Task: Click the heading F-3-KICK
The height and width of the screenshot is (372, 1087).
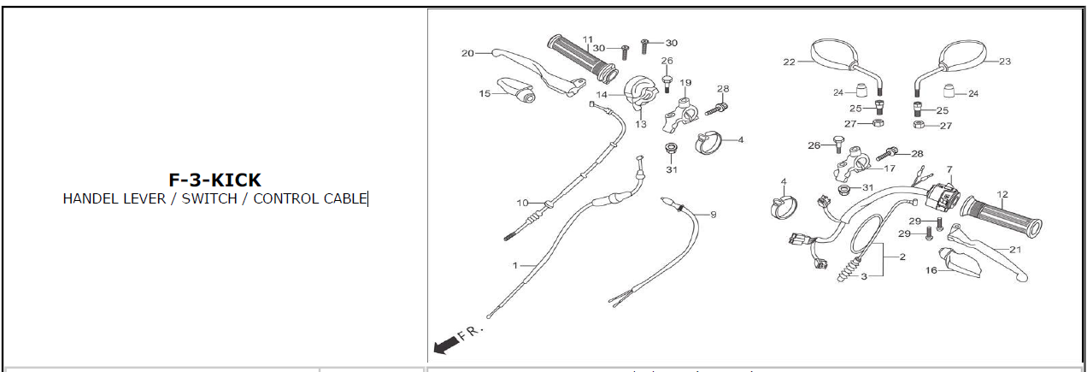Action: click(x=214, y=180)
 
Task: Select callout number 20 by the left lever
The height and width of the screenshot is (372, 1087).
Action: click(x=467, y=53)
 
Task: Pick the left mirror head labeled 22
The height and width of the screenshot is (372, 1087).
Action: click(x=832, y=56)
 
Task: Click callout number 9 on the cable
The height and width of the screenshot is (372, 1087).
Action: click(x=713, y=214)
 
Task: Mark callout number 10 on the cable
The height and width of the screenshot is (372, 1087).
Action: click(x=522, y=203)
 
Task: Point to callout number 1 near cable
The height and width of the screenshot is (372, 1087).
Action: click(x=515, y=266)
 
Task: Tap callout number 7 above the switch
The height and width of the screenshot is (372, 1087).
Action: click(x=949, y=169)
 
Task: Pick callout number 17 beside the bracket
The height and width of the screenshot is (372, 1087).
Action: click(x=890, y=168)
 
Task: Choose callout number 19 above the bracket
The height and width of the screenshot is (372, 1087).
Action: click(x=685, y=83)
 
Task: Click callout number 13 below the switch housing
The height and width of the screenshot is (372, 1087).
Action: click(x=641, y=124)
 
